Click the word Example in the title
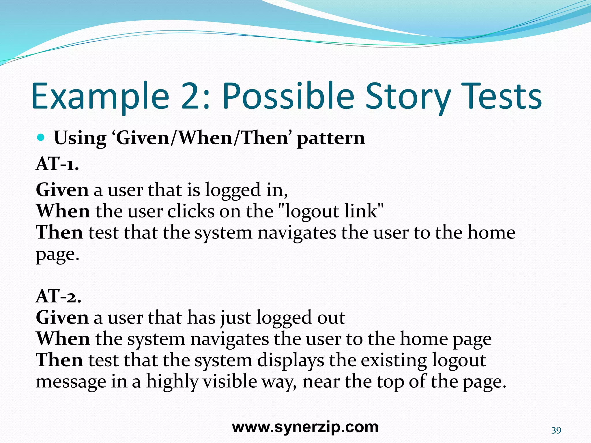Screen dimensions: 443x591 pos(100,97)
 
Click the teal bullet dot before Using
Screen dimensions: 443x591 pos(41,138)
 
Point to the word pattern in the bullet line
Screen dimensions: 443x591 pos(331,138)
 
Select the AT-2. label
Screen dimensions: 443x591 pos(58,296)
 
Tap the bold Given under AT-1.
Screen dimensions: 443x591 pos(62,190)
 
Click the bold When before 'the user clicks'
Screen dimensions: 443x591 pos(63,211)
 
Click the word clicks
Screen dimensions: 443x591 pos(191,211)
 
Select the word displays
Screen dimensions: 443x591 pos(290,361)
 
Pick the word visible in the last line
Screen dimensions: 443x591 pos(230,381)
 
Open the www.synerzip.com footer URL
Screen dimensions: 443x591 pos(305,427)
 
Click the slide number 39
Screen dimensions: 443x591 pos(556,430)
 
